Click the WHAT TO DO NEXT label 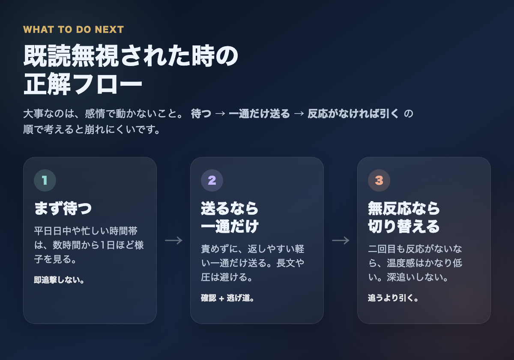pyautogui.click(x=73, y=30)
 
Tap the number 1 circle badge pyautogui.click(x=45, y=180)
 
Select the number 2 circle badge pyautogui.click(x=212, y=180)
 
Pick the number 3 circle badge pyautogui.click(x=379, y=180)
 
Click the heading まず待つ pyautogui.click(x=63, y=209)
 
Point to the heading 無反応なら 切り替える pyautogui.click(x=404, y=217)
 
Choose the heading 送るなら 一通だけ pyautogui.click(x=230, y=217)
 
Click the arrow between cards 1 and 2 pyautogui.click(x=173, y=240)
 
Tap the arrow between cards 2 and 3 pyautogui.click(x=341, y=240)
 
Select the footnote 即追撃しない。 pyautogui.click(x=59, y=280)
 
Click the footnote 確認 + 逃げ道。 pyautogui.click(x=227, y=298)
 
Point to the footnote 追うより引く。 pyautogui.click(x=393, y=298)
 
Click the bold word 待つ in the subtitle pyautogui.click(x=201, y=114)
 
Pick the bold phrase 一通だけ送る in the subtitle pyautogui.click(x=259, y=114)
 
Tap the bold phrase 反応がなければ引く pyautogui.click(x=353, y=114)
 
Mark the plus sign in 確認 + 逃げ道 pyautogui.click(x=221, y=298)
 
